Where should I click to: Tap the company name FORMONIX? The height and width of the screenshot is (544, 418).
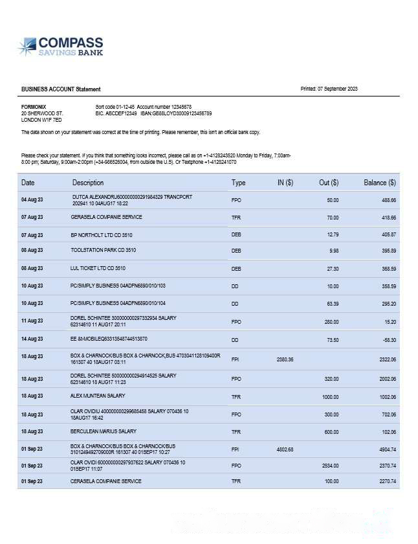[34, 107]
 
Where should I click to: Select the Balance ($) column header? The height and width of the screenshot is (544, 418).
[380, 183]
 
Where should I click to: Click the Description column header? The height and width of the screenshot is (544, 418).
[88, 183]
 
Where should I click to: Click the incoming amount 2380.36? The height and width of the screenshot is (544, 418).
[285, 359]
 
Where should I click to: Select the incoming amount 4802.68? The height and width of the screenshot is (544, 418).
[285, 449]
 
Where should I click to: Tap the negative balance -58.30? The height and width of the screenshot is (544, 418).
[388, 339]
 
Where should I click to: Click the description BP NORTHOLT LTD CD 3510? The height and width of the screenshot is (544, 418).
[102, 234]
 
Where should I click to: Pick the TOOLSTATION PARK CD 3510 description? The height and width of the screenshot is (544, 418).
[104, 250]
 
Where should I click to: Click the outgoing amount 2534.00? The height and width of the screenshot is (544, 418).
[330, 466]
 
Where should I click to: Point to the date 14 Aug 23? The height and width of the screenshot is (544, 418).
[32, 339]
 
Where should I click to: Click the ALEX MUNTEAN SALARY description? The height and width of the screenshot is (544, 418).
[98, 396]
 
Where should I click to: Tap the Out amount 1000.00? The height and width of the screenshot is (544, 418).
[330, 396]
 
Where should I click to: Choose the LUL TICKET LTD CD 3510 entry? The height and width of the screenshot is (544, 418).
[98, 268]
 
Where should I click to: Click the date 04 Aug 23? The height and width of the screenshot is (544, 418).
[32, 199]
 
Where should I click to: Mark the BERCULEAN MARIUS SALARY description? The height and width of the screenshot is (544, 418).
[104, 431]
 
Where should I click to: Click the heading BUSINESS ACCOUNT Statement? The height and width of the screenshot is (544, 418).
[61, 89]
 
